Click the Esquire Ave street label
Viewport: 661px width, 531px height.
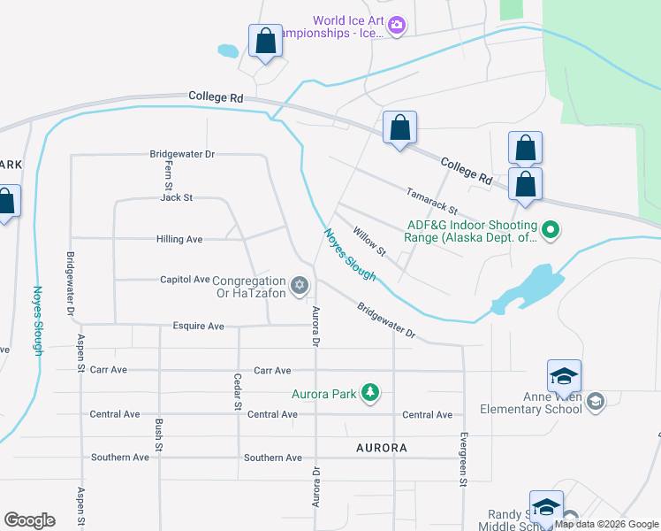pos(199,325)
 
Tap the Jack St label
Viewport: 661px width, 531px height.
pos(177,197)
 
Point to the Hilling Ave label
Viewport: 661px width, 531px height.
pos(179,239)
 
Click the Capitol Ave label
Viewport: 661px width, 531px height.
pos(185,279)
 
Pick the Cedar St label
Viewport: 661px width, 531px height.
pos(238,392)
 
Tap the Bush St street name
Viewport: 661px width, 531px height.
pos(159,435)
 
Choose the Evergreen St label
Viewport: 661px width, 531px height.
pos(462,460)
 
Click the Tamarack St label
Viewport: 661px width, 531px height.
pos(431,201)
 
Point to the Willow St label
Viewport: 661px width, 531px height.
pos(369,241)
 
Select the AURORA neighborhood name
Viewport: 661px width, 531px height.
pos(382,448)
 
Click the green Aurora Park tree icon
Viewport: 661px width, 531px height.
pos(371,393)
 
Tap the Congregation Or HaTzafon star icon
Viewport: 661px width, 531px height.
pos(300,285)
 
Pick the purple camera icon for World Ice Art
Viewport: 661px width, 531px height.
pos(397,25)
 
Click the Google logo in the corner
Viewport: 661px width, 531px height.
pos(29,519)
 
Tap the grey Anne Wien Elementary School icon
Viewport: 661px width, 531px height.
pos(596,402)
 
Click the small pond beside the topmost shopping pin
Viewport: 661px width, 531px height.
pos(227,51)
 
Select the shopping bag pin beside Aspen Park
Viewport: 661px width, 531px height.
pos(6,203)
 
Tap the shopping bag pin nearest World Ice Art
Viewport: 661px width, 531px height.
pos(265,42)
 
